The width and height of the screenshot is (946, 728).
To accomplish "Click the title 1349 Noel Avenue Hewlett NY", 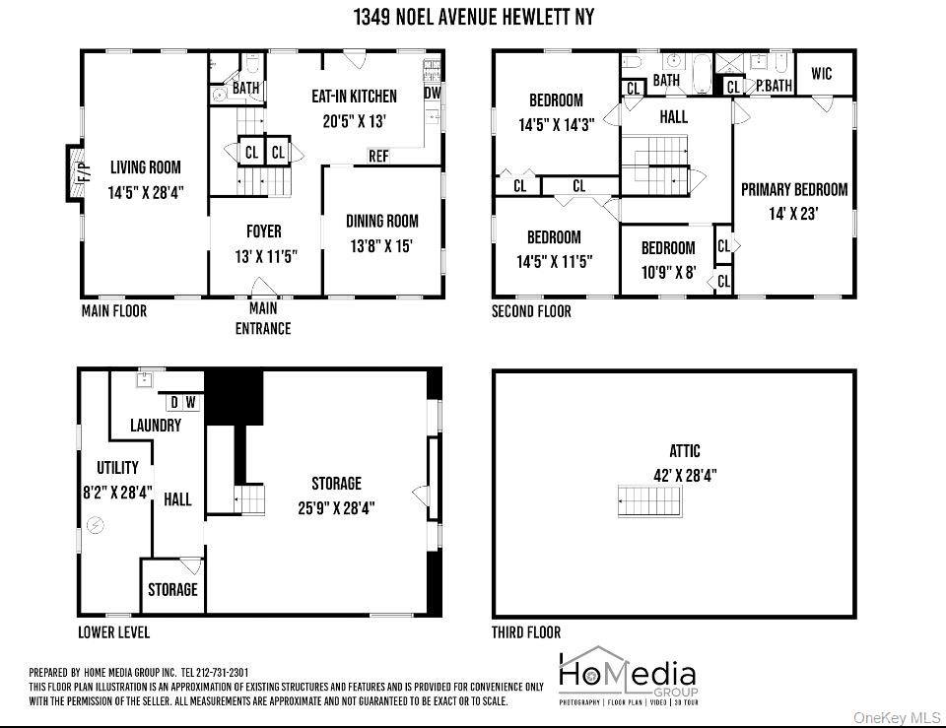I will tap(473, 18).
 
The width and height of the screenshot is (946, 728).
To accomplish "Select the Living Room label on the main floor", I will tap(145, 167).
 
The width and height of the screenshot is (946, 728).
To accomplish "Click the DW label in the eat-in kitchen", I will tap(433, 93).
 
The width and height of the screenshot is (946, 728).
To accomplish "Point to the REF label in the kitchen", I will tap(378, 156).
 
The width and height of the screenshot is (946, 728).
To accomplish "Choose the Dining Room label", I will tap(381, 221).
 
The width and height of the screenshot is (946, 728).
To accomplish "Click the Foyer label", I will tap(263, 232).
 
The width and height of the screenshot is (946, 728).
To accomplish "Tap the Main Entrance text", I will tap(263, 320).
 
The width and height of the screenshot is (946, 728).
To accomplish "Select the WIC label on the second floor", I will tap(823, 73).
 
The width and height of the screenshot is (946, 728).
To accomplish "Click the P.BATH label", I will tap(774, 86).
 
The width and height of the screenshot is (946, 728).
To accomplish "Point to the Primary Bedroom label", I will tap(794, 189).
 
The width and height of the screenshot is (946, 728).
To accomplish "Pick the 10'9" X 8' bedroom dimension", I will tap(668, 271).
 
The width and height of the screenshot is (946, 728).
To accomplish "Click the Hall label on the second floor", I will tap(674, 116).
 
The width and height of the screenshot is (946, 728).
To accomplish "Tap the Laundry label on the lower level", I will tap(156, 426).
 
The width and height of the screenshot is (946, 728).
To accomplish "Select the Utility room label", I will tap(117, 468).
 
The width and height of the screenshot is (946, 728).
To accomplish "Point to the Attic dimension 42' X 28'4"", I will tap(685, 474).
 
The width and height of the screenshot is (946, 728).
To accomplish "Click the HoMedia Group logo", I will tap(628, 677).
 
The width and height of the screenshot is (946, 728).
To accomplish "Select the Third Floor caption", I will tap(526, 632).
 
